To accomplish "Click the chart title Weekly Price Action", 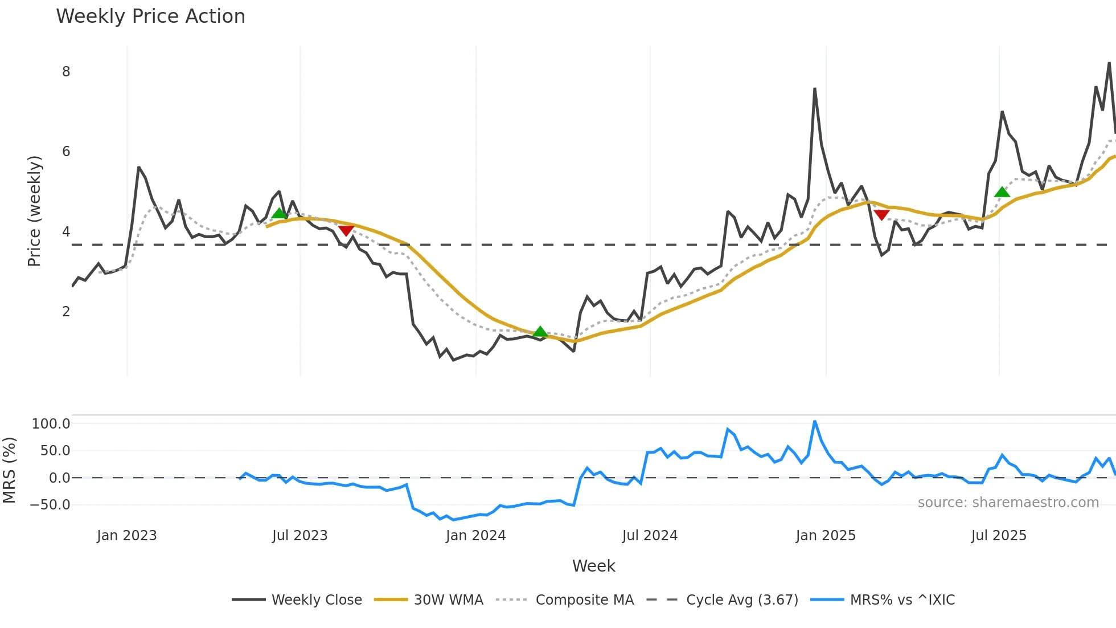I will pyautogui.click(x=150, y=17).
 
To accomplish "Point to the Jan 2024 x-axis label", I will pyautogui.click(x=475, y=536).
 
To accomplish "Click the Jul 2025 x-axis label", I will pyautogui.click(x=999, y=536).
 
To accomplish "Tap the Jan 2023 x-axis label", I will pyautogui.click(x=126, y=536).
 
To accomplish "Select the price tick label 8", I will pyautogui.click(x=66, y=72).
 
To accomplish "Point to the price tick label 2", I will pyautogui.click(x=66, y=312).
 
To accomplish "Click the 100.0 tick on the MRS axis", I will pyautogui.click(x=51, y=424).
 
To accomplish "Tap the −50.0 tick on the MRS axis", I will pyautogui.click(x=50, y=505).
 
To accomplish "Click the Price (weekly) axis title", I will pyautogui.click(x=34, y=211).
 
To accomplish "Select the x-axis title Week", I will pyautogui.click(x=593, y=566).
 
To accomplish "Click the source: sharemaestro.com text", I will pyautogui.click(x=1008, y=503).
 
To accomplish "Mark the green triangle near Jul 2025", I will pyautogui.click(x=1002, y=192).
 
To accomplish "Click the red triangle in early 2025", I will pyautogui.click(x=881, y=215).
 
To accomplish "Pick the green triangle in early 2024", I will pyautogui.click(x=540, y=332).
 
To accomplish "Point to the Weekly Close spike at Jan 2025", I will pyautogui.click(x=815, y=89).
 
